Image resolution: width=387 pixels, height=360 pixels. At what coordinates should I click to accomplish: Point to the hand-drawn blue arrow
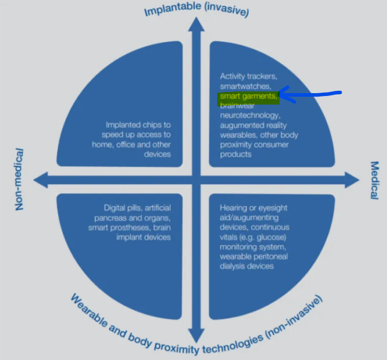pyautogui.click(x=309, y=95)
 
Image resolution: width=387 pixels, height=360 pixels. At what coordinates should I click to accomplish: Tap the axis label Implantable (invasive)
pyautogui.click(x=196, y=10)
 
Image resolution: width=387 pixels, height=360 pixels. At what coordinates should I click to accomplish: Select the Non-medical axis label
pyautogui.click(x=19, y=179)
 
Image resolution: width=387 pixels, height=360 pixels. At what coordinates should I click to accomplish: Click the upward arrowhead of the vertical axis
pyautogui.click(x=197, y=25)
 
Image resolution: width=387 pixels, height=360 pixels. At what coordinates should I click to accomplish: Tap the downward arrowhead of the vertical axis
pyautogui.click(x=197, y=336)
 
